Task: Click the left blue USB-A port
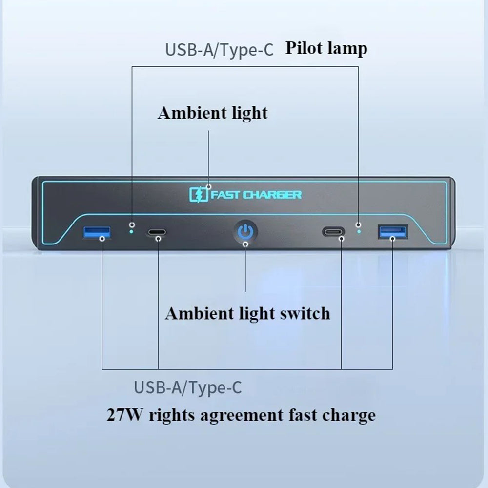(97, 232)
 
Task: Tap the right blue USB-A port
(393, 232)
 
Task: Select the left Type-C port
(157, 232)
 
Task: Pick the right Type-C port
(333, 232)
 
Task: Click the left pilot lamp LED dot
(132, 231)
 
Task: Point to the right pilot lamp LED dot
(359, 231)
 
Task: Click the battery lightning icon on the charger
(199, 195)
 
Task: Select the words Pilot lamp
(326, 48)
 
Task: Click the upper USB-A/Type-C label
(220, 50)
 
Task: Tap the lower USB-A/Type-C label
(188, 388)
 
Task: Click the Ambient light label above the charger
(213, 113)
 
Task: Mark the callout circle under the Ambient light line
(209, 187)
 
